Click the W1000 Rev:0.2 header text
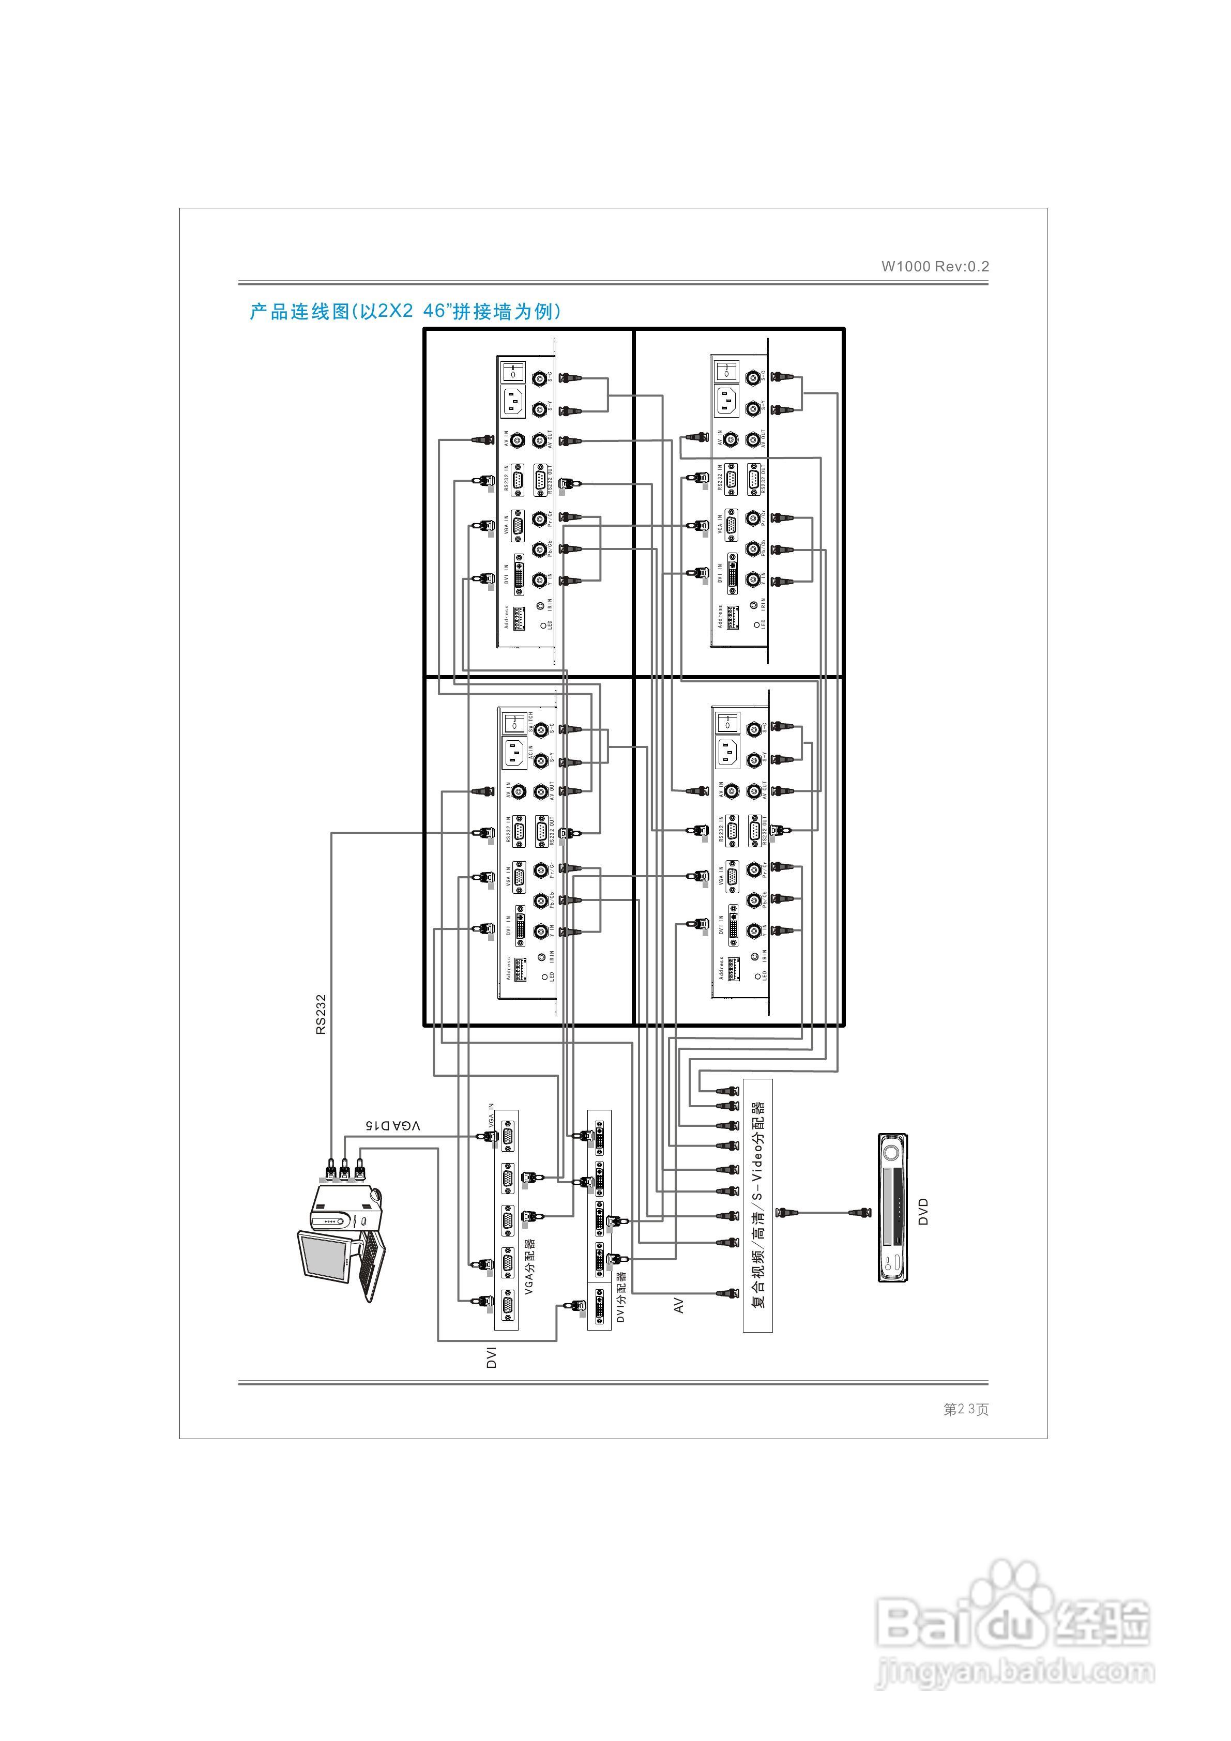934,266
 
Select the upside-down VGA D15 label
392,1126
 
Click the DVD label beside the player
923,1211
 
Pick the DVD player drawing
893,1208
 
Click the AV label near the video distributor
679,1305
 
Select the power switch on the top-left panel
513,372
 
